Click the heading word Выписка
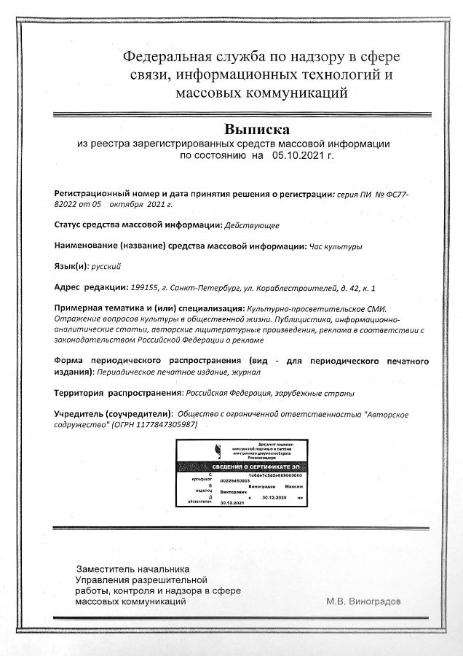coord(257,129)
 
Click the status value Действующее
coord(252,225)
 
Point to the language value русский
coord(105,266)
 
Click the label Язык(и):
coord(71,266)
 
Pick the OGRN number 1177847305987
coord(163,424)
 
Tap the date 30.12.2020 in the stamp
coord(274,498)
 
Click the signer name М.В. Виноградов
coord(363,601)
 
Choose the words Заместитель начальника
coord(133,569)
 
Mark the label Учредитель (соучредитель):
coord(114,413)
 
